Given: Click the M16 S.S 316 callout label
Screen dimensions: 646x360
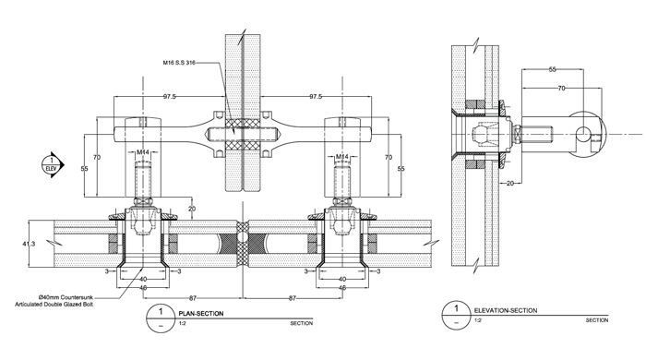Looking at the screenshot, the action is click(179, 63).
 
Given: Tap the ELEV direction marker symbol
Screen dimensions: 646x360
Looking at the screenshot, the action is click(53, 165).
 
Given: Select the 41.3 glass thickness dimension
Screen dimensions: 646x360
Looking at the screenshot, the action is click(29, 244).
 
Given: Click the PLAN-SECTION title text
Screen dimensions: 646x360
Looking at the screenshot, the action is click(201, 314).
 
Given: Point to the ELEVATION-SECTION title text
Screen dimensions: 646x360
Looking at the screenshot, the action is click(506, 310).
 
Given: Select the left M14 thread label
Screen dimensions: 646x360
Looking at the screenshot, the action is click(143, 152).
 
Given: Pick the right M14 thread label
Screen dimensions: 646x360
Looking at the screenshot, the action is click(342, 157).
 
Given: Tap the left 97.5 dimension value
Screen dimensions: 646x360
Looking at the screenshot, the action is click(169, 97).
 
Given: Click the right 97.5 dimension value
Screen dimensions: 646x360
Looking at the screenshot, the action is click(316, 97).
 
